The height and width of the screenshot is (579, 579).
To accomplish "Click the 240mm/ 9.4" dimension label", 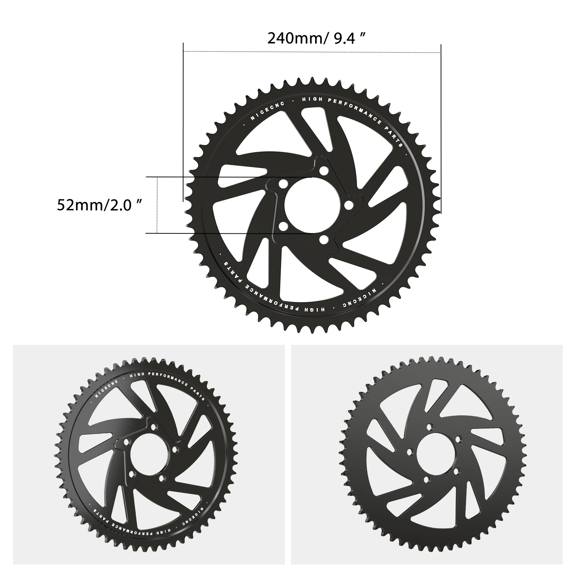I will click(x=315, y=38).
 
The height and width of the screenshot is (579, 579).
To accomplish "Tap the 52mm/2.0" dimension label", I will click(x=99, y=205).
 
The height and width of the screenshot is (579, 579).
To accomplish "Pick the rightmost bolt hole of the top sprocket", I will click(x=348, y=205).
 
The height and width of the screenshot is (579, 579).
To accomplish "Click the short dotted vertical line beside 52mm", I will click(x=157, y=205).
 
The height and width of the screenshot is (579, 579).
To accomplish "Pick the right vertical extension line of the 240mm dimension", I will click(x=441, y=127).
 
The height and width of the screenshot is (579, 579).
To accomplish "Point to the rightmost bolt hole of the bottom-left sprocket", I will click(x=175, y=449).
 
